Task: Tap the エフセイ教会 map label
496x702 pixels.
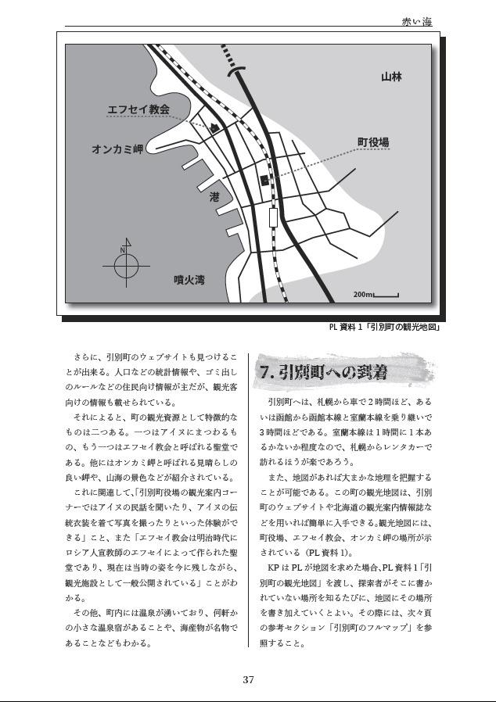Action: point(138,109)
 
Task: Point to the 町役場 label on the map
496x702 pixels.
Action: point(374,142)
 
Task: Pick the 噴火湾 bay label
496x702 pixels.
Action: point(189,279)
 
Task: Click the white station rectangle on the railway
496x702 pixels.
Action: point(273,217)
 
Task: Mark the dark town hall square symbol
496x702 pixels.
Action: point(264,180)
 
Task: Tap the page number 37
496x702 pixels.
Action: point(248,679)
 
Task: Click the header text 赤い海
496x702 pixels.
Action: point(416,23)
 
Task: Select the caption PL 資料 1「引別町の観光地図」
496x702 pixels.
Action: point(384,327)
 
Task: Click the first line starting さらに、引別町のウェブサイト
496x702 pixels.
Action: point(153,356)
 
